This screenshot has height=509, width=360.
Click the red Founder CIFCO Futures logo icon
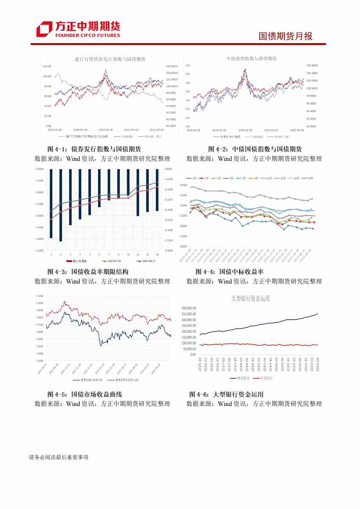click(x=44, y=29)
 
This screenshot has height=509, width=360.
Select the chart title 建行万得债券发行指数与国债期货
click(x=110, y=60)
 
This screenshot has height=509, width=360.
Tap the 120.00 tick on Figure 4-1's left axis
click(x=47, y=66)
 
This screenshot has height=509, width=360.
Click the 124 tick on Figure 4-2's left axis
click(x=187, y=66)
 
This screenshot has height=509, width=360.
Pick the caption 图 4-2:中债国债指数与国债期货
click(x=255, y=149)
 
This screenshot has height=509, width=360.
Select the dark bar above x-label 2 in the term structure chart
click(x=61, y=205)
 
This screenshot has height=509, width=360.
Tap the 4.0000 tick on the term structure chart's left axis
click(x=40, y=169)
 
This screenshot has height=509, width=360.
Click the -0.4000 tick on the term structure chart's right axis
click(x=168, y=251)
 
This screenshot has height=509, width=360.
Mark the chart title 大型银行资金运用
click(x=250, y=299)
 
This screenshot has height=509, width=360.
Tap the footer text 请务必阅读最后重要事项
click(x=58, y=457)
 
